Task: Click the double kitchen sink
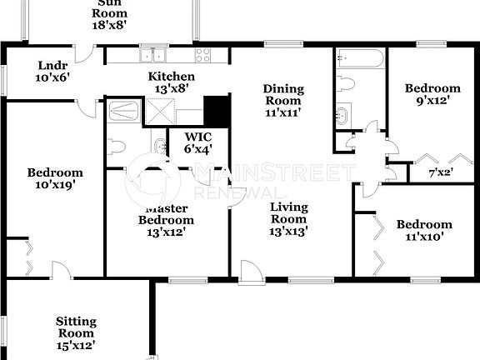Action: coord(153,56)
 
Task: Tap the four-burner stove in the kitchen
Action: coord(202,56)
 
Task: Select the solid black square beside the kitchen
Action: coord(216,109)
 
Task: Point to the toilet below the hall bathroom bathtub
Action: coord(347,84)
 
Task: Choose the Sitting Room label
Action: coord(76,321)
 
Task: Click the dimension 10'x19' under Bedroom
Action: coord(55,186)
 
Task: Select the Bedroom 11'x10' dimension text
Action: coord(424,237)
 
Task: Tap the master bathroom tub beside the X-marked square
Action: coord(127,110)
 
